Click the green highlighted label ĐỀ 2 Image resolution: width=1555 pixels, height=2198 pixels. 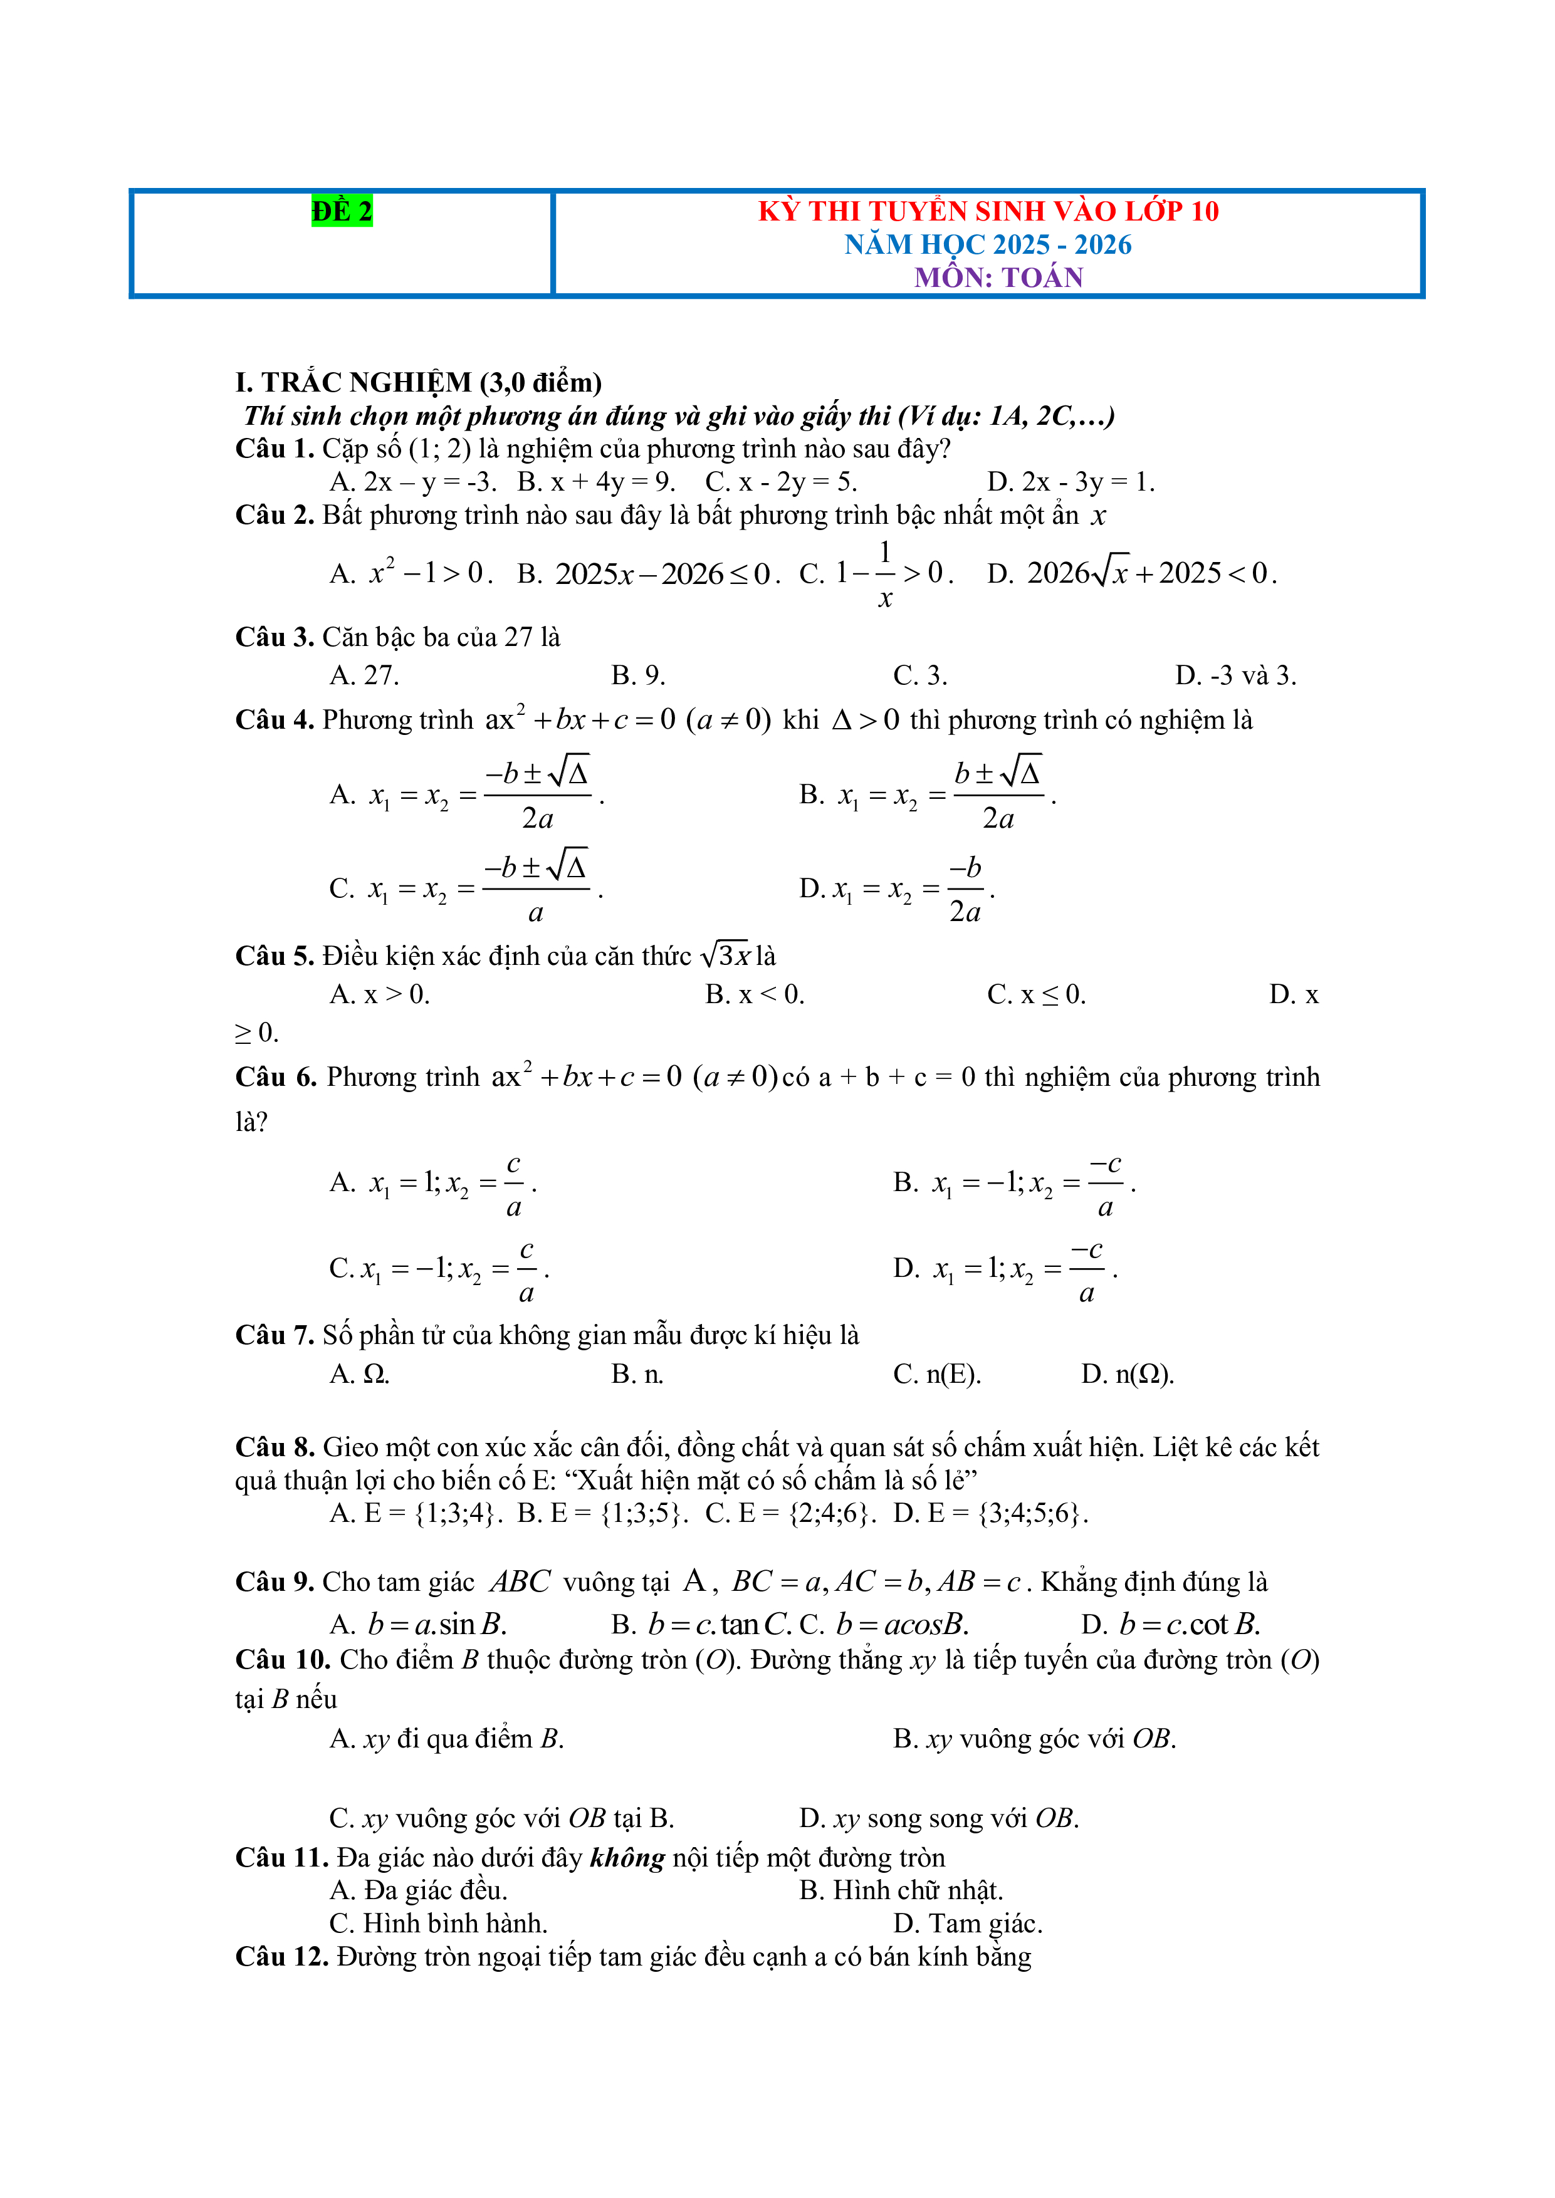coord(342,211)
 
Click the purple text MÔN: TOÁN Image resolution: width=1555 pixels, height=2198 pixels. coord(998,278)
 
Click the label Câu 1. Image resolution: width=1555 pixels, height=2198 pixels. coord(274,449)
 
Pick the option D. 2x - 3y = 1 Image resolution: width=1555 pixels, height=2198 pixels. coord(1071,482)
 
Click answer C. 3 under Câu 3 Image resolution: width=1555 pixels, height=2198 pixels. coord(919,676)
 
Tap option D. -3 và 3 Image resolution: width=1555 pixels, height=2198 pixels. coord(1235,676)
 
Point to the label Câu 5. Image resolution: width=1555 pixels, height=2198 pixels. coord(274,956)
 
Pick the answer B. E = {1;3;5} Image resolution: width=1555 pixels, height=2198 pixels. coord(602,1514)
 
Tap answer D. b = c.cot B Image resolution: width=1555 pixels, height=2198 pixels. coord(1170,1625)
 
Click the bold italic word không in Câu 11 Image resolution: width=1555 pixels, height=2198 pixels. coord(627,1858)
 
